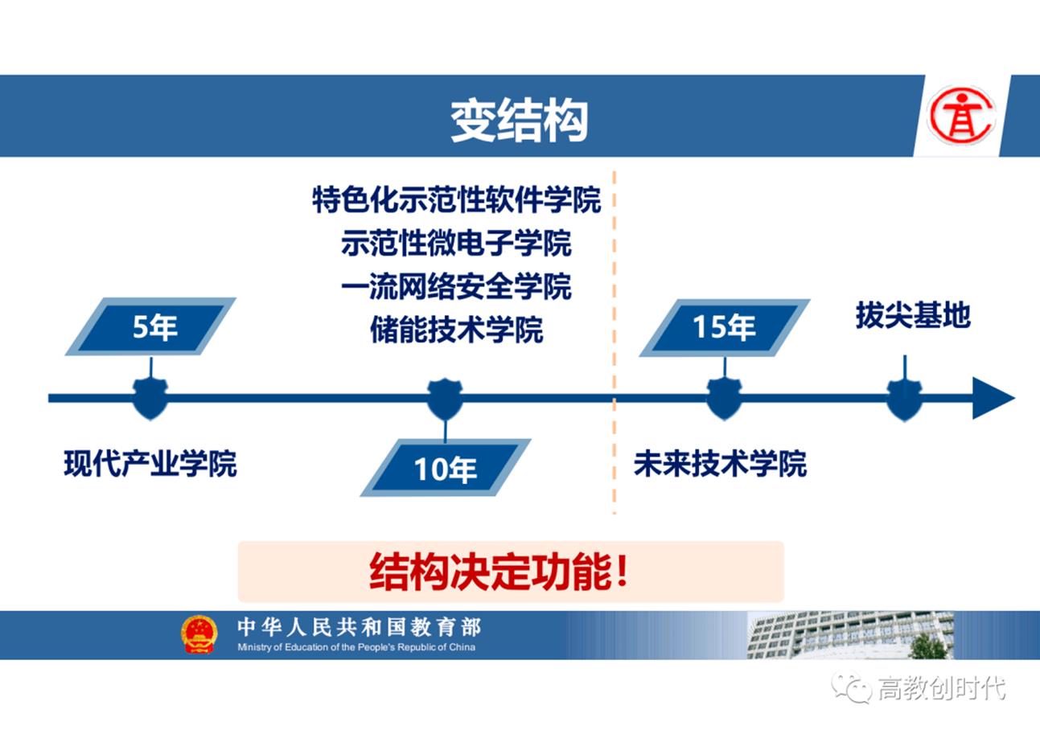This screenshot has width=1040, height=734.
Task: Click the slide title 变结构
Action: pyautogui.click(x=519, y=121)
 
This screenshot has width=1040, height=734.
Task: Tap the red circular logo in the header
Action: pyautogui.click(x=960, y=116)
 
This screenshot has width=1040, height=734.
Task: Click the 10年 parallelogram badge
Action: pyautogui.click(x=446, y=468)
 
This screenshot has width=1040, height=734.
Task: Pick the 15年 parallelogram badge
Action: pyautogui.click(x=724, y=327)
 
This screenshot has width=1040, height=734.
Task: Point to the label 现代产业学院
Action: pyautogui.click(x=150, y=464)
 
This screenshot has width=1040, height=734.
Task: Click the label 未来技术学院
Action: pyautogui.click(x=720, y=464)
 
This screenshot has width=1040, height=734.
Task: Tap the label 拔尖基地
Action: pyautogui.click(x=913, y=315)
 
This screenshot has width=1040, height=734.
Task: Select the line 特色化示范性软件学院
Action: pyautogui.click(x=456, y=199)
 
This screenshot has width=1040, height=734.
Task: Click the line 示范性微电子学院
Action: pyautogui.click(x=456, y=243)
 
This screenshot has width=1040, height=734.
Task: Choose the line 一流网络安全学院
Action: pyautogui.click(x=456, y=286)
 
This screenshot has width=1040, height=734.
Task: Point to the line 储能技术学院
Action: pyautogui.click(x=456, y=330)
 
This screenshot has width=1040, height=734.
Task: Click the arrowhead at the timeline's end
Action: pyautogui.click(x=992, y=398)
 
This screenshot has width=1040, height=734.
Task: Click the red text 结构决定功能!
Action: pyautogui.click(x=499, y=572)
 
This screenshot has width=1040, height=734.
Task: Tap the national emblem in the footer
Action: pyautogui.click(x=199, y=634)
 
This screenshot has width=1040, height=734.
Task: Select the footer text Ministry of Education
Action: pyautogui.click(x=356, y=647)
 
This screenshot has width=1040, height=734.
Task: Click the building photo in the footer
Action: pyautogui.click(x=850, y=634)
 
